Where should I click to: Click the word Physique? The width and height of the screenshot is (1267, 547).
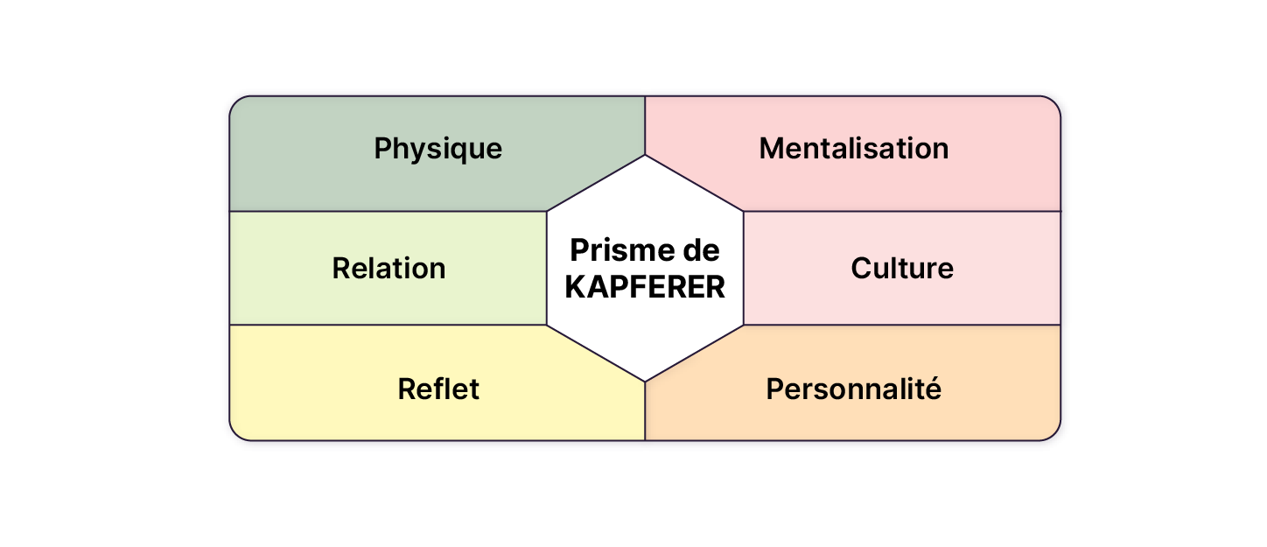tap(437, 149)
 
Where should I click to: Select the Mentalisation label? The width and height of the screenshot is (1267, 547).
tap(853, 149)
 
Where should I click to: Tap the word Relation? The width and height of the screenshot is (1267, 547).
tap(388, 268)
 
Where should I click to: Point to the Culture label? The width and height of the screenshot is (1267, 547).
tap(901, 268)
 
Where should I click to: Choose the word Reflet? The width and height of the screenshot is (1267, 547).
tap(437, 389)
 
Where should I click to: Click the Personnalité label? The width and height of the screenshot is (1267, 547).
tap(853, 389)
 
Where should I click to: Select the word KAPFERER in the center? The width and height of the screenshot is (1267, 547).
tap(645, 287)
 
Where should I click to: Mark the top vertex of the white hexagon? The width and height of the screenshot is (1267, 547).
tap(645, 156)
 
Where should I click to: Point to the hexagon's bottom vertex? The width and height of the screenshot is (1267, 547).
tap(645, 382)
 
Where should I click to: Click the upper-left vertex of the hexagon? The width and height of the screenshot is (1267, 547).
tap(547, 212)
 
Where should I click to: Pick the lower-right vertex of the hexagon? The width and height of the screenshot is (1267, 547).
tap(744, 326)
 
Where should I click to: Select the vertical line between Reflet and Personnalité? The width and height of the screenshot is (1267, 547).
tap(645, 411)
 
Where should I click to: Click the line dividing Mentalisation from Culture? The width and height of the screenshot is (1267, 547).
tap(901, 212)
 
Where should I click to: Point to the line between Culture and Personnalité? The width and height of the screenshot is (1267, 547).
tap(901, 326)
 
